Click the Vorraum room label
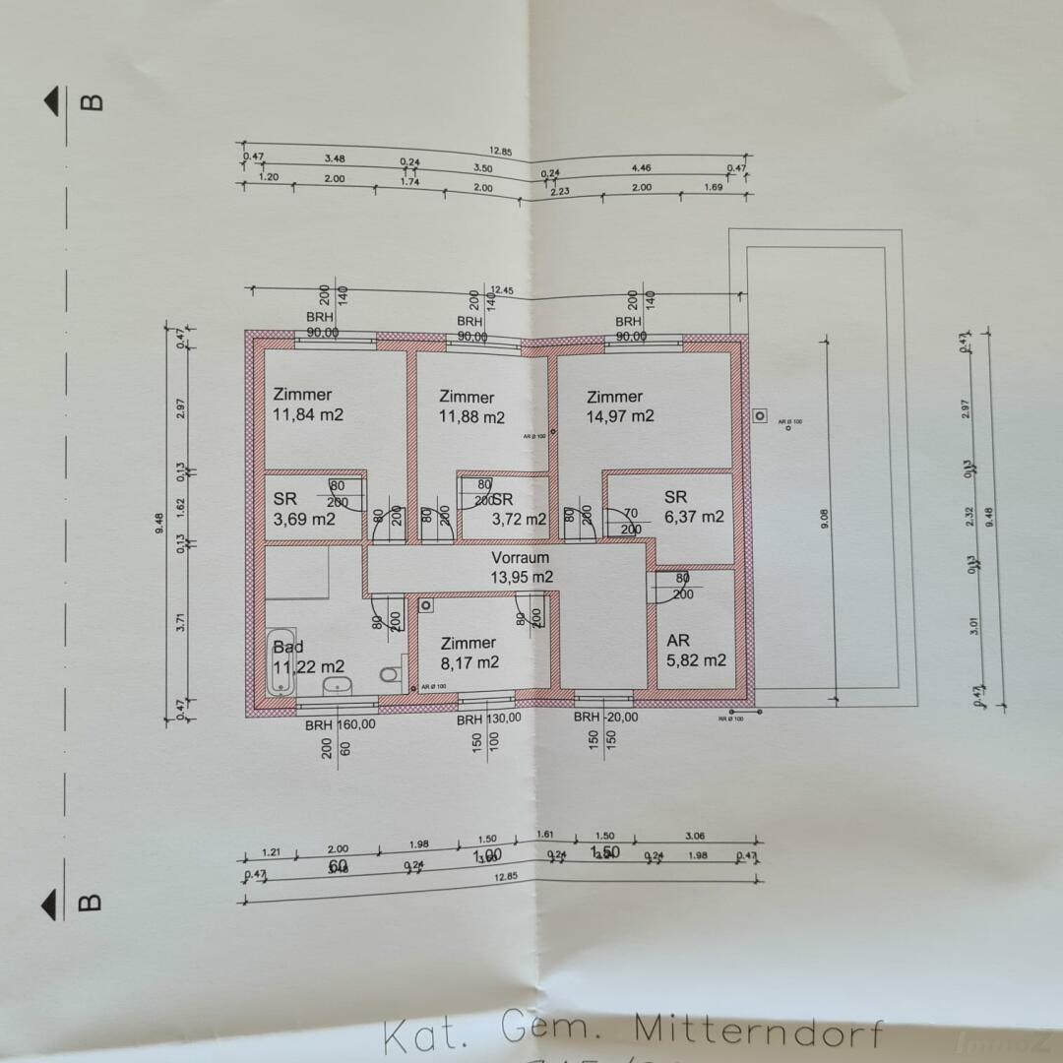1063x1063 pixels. (521, 558)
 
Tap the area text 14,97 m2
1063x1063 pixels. (620, 416)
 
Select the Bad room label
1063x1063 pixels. (288, 648)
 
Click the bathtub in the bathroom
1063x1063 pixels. (281, 661)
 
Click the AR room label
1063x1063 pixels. (678, 641)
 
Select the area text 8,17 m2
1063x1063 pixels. (469, 662)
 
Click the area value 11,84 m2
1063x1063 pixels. (308, 414)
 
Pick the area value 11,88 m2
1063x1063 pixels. (471, 416)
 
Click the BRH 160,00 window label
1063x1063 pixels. (340, 724)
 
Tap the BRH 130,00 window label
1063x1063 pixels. (488, 719)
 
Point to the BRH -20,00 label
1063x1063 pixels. (605, 718)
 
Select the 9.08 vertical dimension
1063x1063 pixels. (825, 518)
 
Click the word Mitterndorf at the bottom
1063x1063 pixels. (758, 1031)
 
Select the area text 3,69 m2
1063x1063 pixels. (304, 519)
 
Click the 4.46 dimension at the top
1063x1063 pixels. (641, 169)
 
